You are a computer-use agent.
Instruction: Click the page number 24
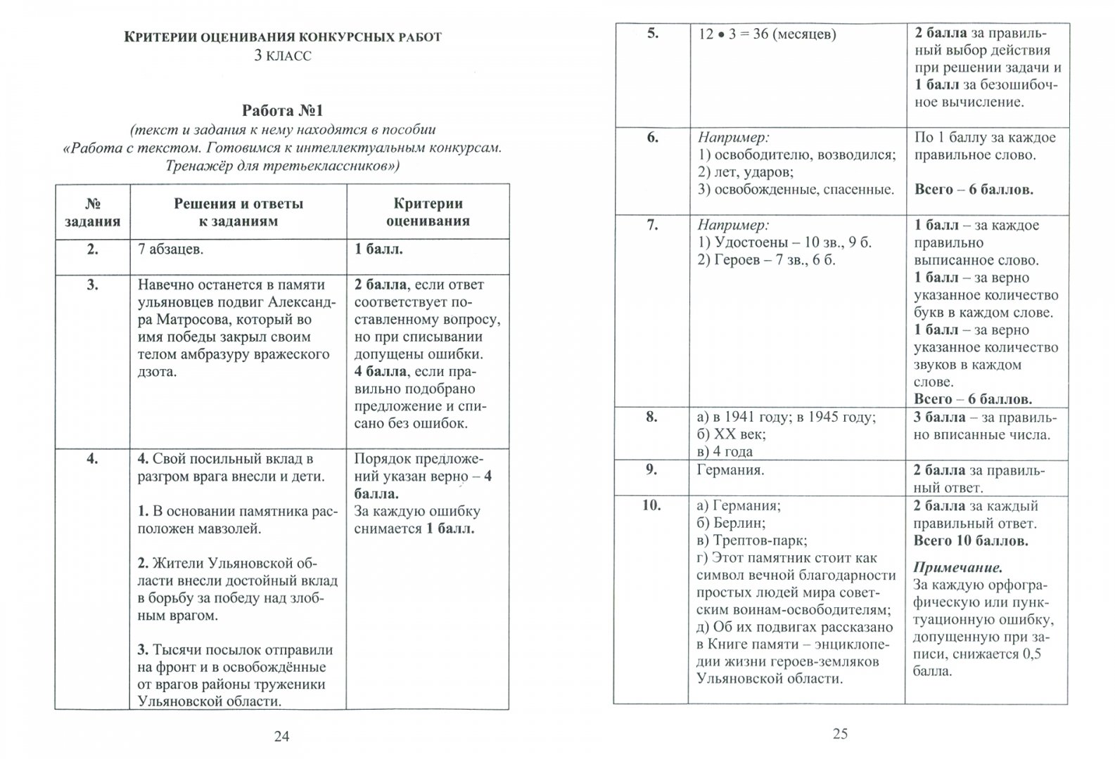(x=281, y=737)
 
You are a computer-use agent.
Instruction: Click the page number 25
(x=840, y=734)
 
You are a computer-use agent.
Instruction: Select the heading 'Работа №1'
(x=282, y=110)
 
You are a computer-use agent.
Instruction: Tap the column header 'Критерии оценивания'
(x=428, y=212)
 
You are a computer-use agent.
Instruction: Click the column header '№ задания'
(x=92, y=212)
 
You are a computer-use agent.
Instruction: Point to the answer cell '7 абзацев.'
(x=171, y=249)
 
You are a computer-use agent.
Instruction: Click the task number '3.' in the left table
(x=92, y=285)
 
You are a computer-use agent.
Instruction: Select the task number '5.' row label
(x=652, y=34)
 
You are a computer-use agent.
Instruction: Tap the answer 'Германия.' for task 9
(x=730, y=470)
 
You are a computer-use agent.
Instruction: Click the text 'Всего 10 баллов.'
(x=971, y=541)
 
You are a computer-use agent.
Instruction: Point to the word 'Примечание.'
(x=957, y=567)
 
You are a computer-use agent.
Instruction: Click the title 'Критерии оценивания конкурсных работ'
(x=283, y=37)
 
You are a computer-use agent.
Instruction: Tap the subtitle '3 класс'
(x=282, y=56)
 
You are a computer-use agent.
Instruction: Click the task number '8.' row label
(x=652, y=417)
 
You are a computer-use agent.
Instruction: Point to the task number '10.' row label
(x=652, y=505)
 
